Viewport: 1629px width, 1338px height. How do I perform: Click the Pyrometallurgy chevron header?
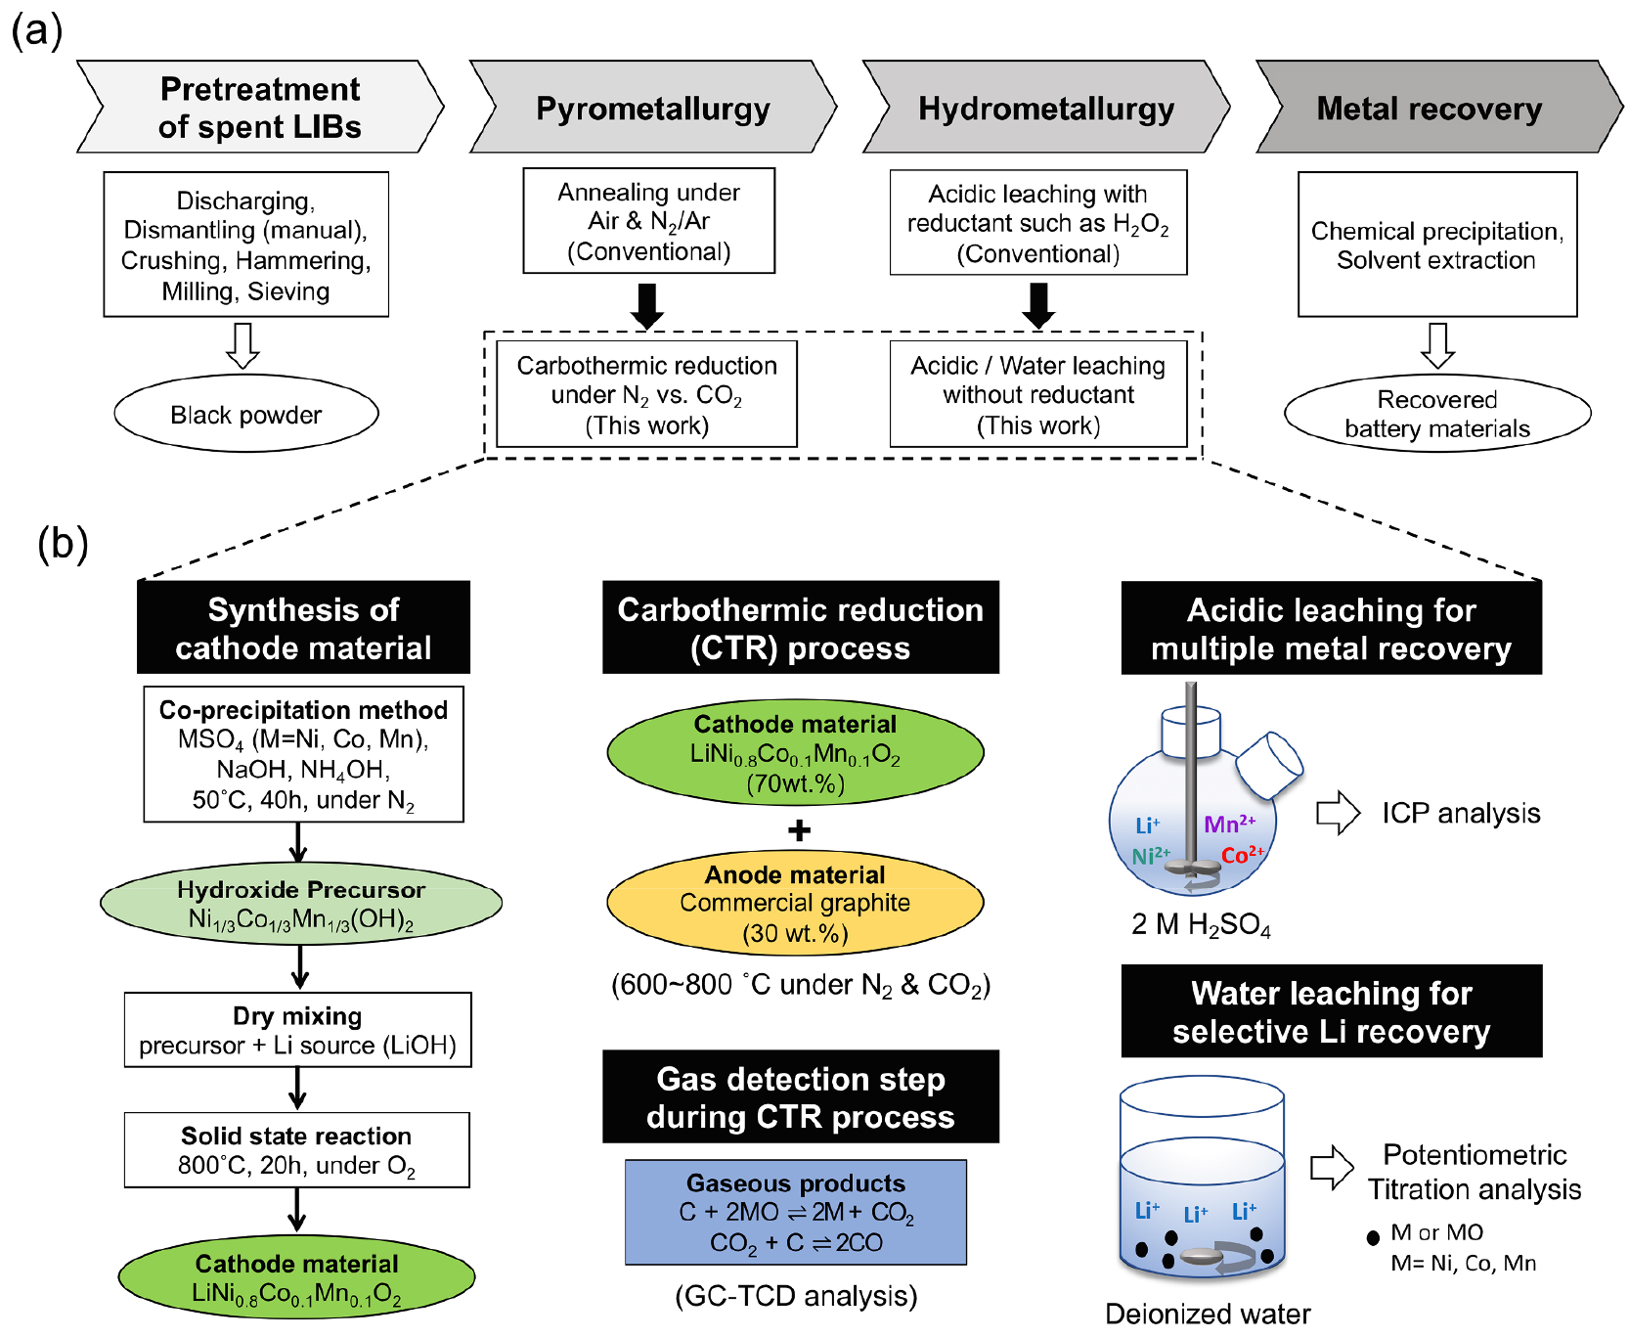pos(653,108)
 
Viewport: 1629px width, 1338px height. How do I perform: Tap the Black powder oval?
pos(246,415)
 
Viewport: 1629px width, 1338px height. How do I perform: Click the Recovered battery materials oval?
pos(1436,414)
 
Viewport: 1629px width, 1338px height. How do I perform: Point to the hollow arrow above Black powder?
pos(242,345)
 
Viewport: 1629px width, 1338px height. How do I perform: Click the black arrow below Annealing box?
pos(647,306)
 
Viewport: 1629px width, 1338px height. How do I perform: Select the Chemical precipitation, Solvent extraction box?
pos(1436,245)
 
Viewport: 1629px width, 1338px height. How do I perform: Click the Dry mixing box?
pos(297,1030)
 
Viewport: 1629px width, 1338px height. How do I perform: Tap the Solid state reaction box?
pos(296,1150)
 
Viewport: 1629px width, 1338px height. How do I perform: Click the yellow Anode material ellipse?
pos(795,903)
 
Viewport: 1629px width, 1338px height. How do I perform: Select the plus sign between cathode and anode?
pos(799,830)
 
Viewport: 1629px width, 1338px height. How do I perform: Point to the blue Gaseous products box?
pos(796,1213)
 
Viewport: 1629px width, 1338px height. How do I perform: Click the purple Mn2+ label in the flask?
pos(1229,824)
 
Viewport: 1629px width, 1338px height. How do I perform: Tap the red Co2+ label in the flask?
pos(1242,855)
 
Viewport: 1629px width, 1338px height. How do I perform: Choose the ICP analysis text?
pos(1460,813)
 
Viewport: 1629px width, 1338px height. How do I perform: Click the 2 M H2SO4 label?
pos(1201,925)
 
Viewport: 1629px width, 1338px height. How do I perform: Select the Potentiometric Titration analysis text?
pos(1474,1172)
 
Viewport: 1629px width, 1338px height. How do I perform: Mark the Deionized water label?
pos(1208,1314)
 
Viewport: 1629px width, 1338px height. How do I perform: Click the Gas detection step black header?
pos(800,1097)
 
